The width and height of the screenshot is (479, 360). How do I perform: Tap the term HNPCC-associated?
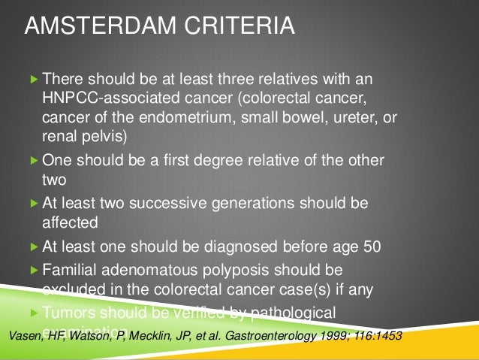pyautogui.click(x=98, y=100)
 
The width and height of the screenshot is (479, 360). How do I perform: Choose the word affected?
pyautogui.click(x=71, y=222)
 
